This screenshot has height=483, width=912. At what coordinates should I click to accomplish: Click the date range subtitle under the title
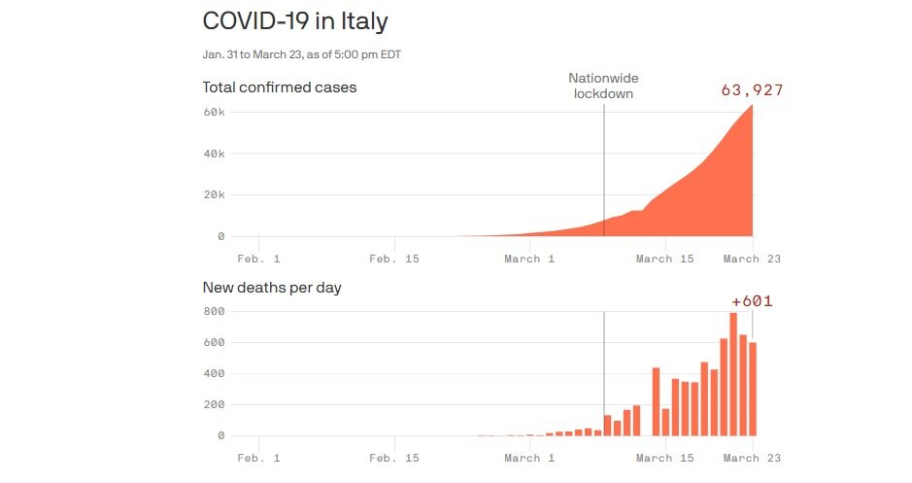pyautogui.click(x=301, y=54)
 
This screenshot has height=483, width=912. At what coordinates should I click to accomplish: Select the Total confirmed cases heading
pyautogui.click(x=280, y=87)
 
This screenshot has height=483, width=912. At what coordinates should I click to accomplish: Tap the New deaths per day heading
pyautogui.click(x=272, y=288)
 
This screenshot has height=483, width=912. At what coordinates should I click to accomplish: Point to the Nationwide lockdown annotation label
pyautogui.click(x=604, y=86)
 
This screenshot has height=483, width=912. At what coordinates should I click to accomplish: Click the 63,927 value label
pyautogui.click(x=752, y=90)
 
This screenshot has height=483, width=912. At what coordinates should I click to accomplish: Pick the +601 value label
pyautogui.click(x=753, y=301)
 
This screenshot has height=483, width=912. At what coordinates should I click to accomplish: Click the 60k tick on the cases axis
pyautogui.click(x=214, y=113)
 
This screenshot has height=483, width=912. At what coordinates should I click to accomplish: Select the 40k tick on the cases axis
pyautogui.click(x=214, y=154)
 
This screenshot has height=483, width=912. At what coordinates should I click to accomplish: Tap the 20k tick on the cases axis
pyautogui.click(x=214, y=194)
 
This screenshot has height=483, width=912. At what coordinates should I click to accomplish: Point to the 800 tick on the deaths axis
pyautogui.click(x=214, y=311)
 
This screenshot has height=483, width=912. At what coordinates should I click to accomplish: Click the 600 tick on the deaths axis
pyautogui.click(x=214, y=342)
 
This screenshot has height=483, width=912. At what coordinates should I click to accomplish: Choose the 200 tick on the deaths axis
pyautogui.click(x=214, y=404)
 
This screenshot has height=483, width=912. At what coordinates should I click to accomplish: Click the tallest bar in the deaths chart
pyautogui.click(x=733, y=374)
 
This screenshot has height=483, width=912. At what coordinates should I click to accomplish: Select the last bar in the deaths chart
pyautogui.click(x=753, y=389)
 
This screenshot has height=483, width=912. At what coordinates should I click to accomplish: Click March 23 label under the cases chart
pyautogui.click(x=751, y=259)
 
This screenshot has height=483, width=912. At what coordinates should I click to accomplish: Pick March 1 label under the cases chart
pyautogui.click(x=529, y=259)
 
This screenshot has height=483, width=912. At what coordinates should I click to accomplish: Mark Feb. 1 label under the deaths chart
pyautogui.click(x=259, y=458)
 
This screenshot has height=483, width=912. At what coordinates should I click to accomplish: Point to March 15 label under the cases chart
pyautogui.click(x=665, y=259)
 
